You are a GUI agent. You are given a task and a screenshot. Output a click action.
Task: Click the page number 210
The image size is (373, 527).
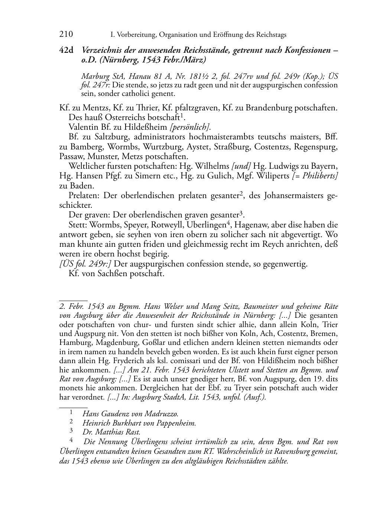66,35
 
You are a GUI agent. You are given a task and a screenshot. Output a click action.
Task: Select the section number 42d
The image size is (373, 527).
67,50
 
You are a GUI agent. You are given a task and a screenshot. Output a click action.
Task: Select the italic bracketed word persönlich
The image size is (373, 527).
190,127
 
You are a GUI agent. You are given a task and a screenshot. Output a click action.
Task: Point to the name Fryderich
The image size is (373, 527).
130,361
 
